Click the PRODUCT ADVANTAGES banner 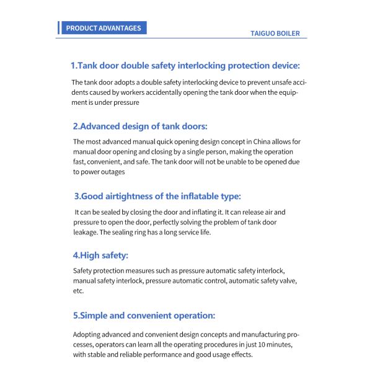pos(104,28)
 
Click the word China pos(256,142)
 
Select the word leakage pos(86,232)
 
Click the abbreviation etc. pos(78,291)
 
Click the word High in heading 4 pos(92,255)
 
